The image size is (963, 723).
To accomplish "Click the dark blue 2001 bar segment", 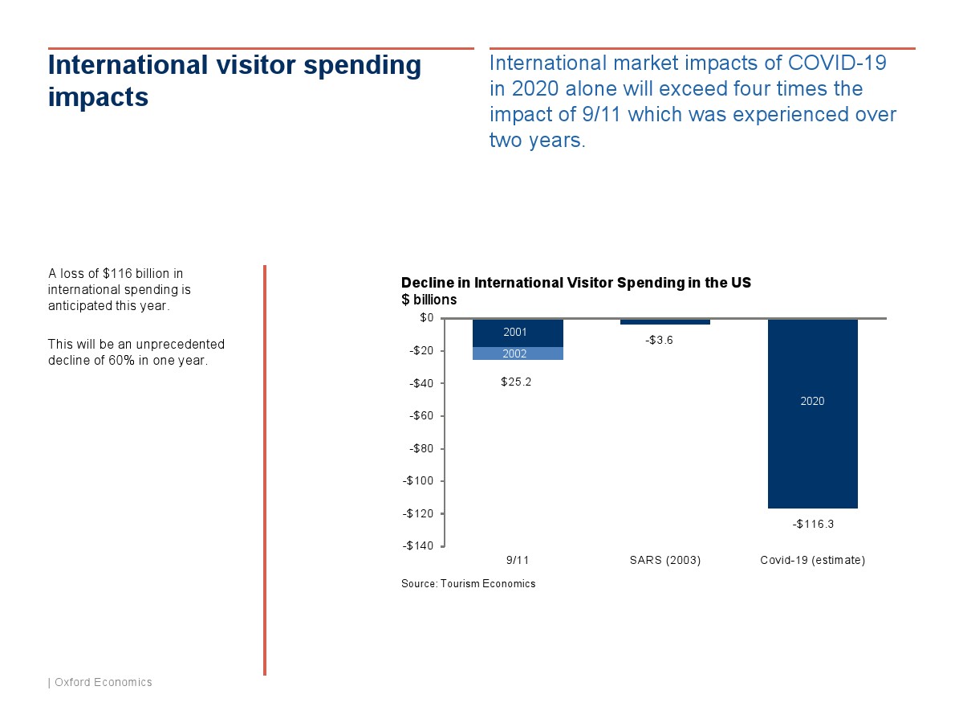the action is (x=518, y=333).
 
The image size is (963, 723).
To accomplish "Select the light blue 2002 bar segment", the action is (x=518, y=353).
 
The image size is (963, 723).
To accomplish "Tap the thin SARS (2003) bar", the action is (x=665, y=322).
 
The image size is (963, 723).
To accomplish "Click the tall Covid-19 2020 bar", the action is (x=812, y=414).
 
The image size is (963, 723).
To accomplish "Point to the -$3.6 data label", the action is (x=659, y=340).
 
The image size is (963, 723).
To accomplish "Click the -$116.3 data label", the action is (x=813, y=524).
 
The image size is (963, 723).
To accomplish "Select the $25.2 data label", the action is (x=516, y=382).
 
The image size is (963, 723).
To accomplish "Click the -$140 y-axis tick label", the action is (x=417, y=545).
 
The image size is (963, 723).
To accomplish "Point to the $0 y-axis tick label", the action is (x=426, y=317).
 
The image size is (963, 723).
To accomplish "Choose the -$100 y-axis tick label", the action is (x=417, y=480).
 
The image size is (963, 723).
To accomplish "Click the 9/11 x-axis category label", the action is (x=518, y=560).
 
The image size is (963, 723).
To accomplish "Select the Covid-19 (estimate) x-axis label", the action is (x=812, y=560).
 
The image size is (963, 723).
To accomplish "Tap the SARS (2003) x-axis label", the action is (x=665, y=560).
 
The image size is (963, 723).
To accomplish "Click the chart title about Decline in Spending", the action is (x=576, y=283).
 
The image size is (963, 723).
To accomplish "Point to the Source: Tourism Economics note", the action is (x=468, y=584).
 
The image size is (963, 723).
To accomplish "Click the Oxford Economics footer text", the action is (x=103, y=682).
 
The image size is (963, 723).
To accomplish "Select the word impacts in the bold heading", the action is (x=98, y=97).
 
